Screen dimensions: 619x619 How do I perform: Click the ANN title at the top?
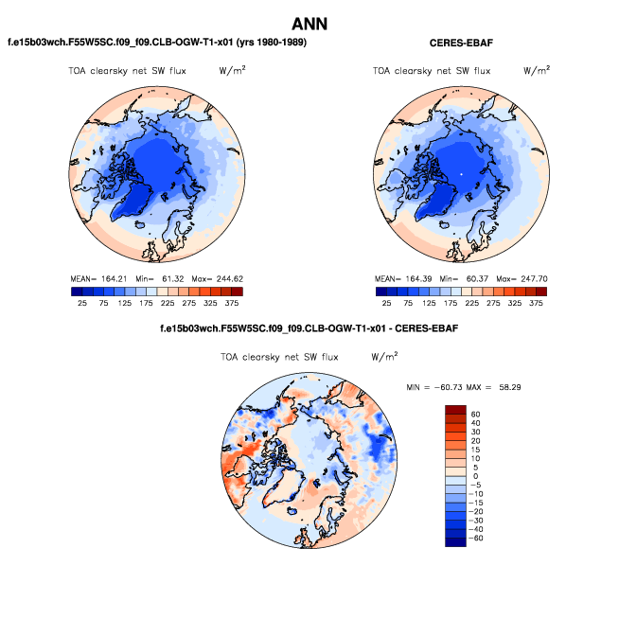[x=309, y=24]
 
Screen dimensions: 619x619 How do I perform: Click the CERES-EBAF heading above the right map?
[x=462, y=43]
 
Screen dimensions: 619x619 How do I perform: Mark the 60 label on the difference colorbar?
[x=476, y=415]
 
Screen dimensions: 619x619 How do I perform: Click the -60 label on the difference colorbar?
[x=474, y=538]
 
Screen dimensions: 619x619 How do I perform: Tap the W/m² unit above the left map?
[x=232, y=71]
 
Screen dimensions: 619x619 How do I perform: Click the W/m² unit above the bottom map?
[x=384, y=357]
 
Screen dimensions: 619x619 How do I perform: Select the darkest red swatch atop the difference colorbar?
[x=455, y=409]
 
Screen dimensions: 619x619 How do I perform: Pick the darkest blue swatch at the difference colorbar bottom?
[x=455, y=542]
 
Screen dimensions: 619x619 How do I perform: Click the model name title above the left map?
[x=157, y=43]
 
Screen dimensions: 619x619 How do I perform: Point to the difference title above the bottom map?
[x=310, y=328]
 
